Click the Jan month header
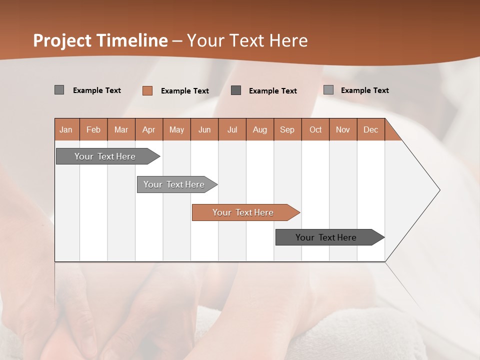click(66, 129)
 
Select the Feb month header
click(93, 129)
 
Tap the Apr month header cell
click(149, 129)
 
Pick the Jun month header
click(204, 129)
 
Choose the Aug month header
click(260, 129)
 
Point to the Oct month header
click(315, 129)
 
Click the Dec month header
click(371, 129)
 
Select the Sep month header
click(287, 129)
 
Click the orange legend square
click(147, 90)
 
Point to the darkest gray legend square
click(236, 90)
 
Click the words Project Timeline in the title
click(100, 40)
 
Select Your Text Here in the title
click(247, 40)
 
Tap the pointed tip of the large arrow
click(438, 190)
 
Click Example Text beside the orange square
click(185, 91)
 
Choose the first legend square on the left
click(59, 90)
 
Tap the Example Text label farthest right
click(364, 90)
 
